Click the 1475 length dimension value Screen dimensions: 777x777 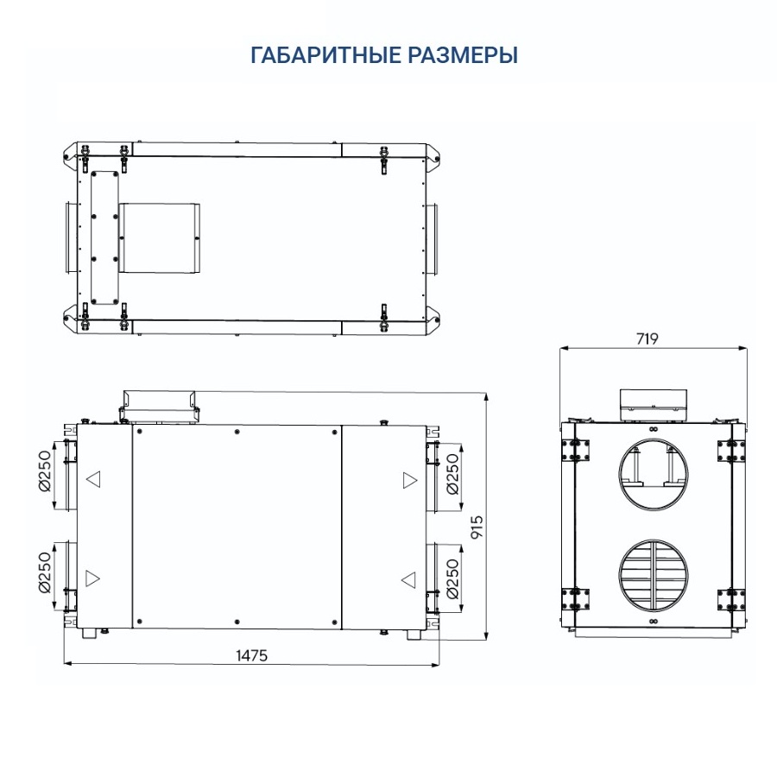(252, 655)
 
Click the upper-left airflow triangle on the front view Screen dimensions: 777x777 (92, 479)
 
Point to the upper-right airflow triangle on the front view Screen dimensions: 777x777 (409, 480)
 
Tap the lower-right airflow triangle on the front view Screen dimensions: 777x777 (409, 578)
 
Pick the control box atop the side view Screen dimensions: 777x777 (654, 403)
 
